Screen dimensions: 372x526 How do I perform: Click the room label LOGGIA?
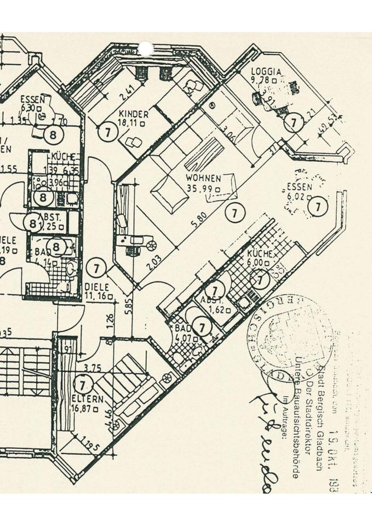point(266,71)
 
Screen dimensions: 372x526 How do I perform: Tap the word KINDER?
point(134,114)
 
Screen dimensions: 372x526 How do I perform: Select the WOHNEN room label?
point(203,179)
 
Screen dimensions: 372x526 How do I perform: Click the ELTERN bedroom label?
point(87,399)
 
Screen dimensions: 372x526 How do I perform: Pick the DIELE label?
point(97,287)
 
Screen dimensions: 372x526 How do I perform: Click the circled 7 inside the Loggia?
point(294,122)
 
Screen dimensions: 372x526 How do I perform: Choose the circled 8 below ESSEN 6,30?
point(54,134)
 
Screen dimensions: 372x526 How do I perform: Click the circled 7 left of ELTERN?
point(82,383)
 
